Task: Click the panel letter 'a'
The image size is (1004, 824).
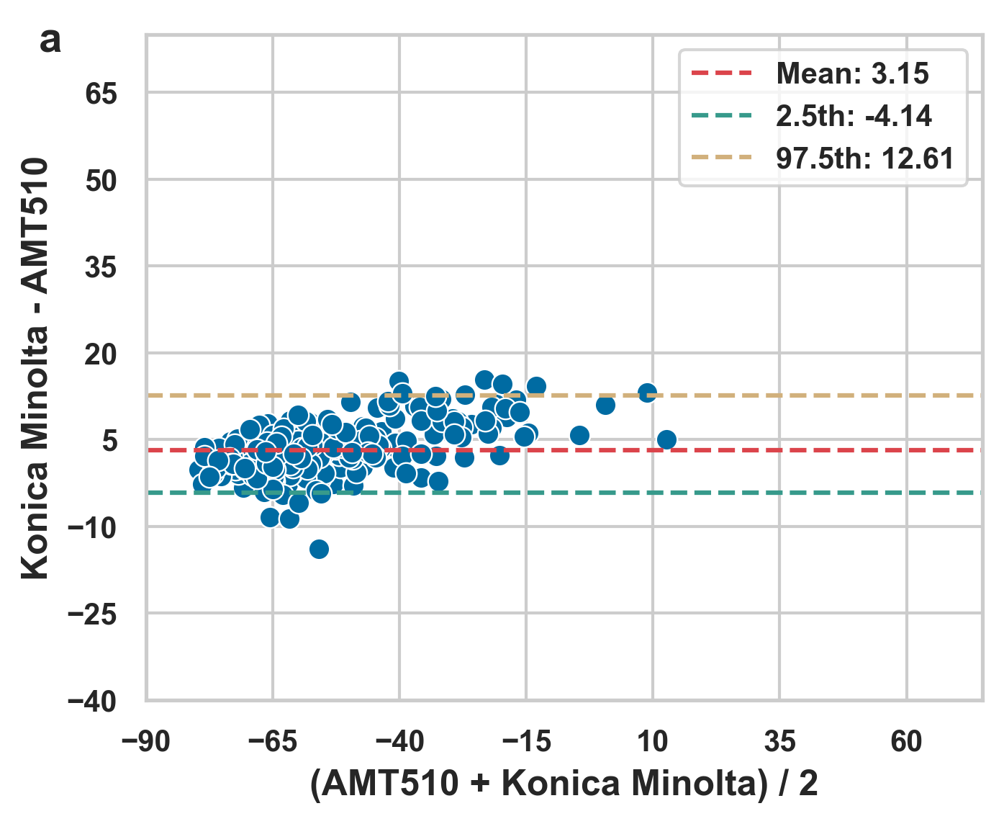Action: (x=50, y=42)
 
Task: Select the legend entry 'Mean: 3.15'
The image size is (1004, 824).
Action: (x=852, y=73)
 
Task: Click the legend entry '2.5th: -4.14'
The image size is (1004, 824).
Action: (x=854, y=116)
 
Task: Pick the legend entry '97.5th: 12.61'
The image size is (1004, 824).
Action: (x=864, y=158)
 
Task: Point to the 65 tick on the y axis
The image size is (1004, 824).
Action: (x=101, y=94)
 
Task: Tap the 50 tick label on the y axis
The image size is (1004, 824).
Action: (x=101, y=181)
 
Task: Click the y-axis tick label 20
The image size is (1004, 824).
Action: (x=101, y=354)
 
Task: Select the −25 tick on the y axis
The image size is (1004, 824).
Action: (x=92, y=614)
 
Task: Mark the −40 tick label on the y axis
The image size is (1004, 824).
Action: (x=92, y=702)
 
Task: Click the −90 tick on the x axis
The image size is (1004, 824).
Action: (x=146, y=741)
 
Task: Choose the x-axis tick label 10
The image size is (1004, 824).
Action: (x=653, y=741)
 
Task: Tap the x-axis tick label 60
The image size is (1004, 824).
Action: (x=906, y=741)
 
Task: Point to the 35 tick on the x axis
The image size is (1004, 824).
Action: (x=779, y=741)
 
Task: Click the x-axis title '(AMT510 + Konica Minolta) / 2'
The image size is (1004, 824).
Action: (x=564, y=784)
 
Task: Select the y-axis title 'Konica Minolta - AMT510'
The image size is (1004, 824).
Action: (x=35, y=368)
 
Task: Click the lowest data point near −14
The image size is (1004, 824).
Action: (x=319, y=549)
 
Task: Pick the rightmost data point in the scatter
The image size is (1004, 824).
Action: (x=666, y=439)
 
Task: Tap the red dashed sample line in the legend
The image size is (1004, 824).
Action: (x=721, y=73)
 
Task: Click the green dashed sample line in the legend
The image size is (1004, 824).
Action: (x=721, y=116)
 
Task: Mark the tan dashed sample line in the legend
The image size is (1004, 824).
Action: (x=721, y=158)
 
